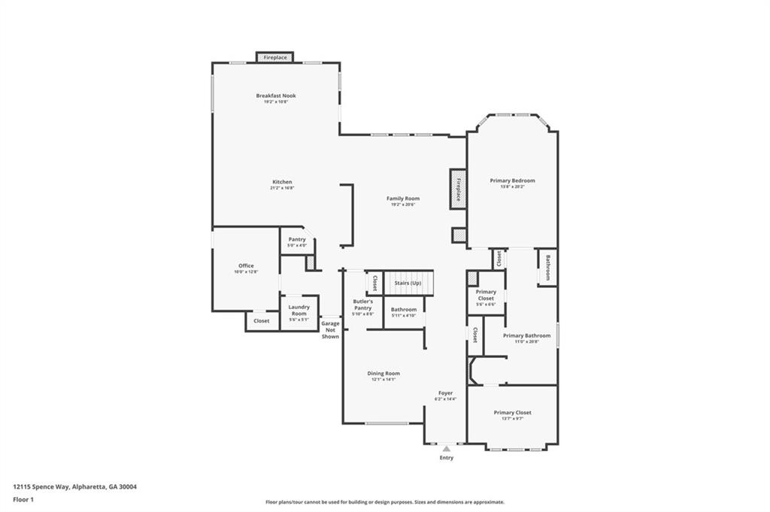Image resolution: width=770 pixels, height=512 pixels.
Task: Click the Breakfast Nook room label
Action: [x=275, y=96]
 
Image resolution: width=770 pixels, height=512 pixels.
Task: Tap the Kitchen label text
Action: [x=282, y=182]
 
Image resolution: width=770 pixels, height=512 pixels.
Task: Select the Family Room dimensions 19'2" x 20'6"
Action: [x=403, y=205]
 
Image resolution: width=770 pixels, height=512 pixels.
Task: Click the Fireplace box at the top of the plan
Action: [x=274, y=57]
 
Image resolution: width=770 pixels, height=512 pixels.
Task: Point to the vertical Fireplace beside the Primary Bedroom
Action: [x=457, y=188]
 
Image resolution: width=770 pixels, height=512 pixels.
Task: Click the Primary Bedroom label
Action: [x=512, y=180]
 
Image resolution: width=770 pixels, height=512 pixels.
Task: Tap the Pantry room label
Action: [x=297, y=240]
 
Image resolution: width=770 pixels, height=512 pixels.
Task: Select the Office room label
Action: [x=246, y=266]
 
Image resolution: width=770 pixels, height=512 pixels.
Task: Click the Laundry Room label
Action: [x=299, y=310]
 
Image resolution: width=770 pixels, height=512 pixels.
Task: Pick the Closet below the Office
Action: [x=261, y=321]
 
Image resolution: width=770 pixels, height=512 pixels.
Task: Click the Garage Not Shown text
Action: [x=330, y=329]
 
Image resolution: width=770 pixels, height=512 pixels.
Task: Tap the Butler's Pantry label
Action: [x=362, y=304]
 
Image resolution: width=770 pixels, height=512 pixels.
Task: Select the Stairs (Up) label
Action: [x=408, y=283]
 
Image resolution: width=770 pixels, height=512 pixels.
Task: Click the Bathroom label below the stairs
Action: [x=404, y=310]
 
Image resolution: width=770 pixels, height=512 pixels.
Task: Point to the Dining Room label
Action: [x=383, y=374]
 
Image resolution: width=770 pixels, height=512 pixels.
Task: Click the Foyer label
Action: [x=446, y=393]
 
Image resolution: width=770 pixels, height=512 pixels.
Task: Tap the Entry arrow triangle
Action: [x=446, y=449]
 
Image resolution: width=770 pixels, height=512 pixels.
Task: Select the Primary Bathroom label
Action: [x=526, y=336]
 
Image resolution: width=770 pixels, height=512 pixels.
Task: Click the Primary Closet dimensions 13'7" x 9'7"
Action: [x=512, y=419]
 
